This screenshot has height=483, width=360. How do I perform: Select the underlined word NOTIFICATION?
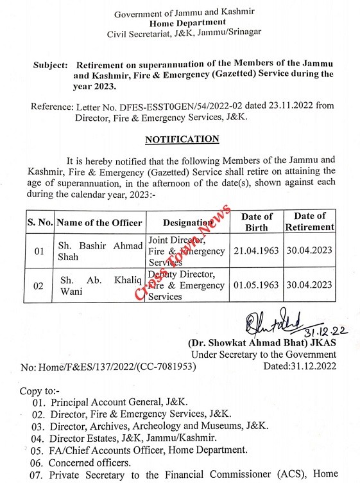(182, 139)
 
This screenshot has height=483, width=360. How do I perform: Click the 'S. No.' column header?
(40, 222)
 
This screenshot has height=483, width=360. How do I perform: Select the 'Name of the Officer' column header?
(99, 222)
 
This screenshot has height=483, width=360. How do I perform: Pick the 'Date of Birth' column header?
(257, 222)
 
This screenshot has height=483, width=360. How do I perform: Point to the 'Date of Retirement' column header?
(311, 222)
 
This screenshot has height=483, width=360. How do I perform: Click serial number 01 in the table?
(39, 251)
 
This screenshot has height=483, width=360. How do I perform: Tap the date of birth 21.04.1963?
(257, 250)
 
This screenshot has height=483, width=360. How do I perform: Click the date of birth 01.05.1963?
(257, 285)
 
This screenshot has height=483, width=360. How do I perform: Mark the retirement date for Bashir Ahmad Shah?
(311, 250)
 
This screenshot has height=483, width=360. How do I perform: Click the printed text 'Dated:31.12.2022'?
(300, 367)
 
